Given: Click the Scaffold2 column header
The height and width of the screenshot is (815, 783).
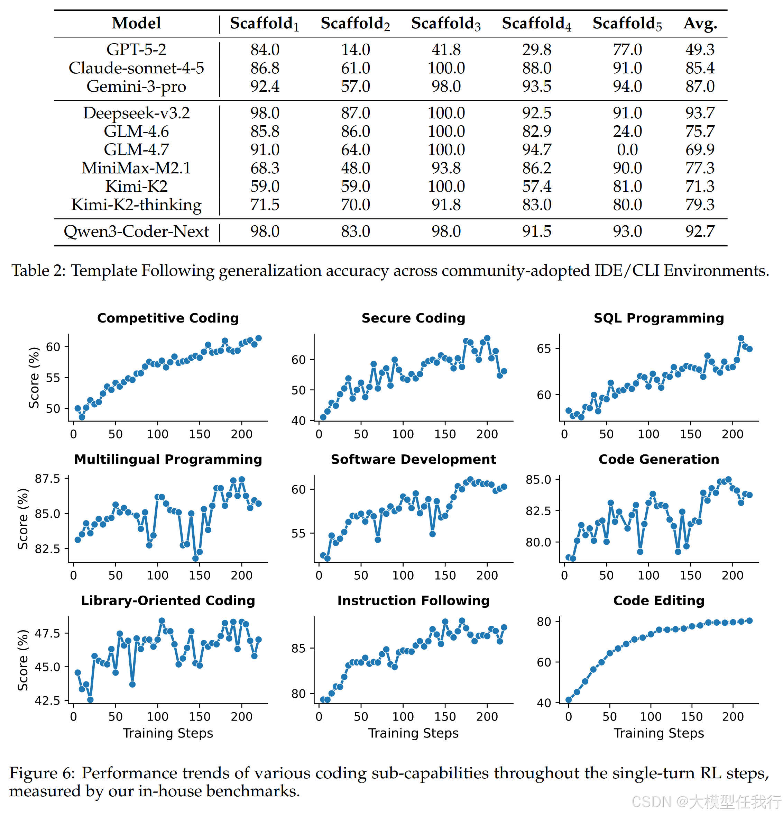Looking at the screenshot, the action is pos(355,24).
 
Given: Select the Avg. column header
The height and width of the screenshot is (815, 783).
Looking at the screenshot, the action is pos(700,23).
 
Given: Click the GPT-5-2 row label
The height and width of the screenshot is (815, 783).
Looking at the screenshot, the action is pos(136,49).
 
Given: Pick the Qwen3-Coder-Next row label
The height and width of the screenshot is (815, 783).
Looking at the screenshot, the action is pos(136,231).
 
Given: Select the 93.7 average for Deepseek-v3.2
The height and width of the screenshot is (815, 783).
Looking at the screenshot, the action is pos(700,113).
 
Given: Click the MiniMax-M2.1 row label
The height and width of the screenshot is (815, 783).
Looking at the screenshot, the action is pos(136,168).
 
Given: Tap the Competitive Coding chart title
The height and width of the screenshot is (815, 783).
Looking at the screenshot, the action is pos(168,318).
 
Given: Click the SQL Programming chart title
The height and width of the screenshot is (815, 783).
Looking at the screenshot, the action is pos(659,318).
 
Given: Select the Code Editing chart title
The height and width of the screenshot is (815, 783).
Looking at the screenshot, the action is pos(659,601).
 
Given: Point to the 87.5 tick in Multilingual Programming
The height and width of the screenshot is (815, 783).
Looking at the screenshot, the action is pos(47,479).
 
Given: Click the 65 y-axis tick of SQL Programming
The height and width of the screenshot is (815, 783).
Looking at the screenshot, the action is pos(544,348).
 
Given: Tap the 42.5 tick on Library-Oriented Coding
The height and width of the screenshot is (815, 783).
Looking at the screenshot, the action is pos(47,701).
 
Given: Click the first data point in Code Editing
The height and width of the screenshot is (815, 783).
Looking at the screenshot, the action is pos(569,700).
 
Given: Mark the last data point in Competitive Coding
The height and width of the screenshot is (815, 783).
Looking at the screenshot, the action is pos(258,338).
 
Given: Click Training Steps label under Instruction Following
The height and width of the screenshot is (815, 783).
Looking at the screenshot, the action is pos(414,733).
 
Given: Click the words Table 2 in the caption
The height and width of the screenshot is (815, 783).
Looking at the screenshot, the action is pos(38,271).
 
